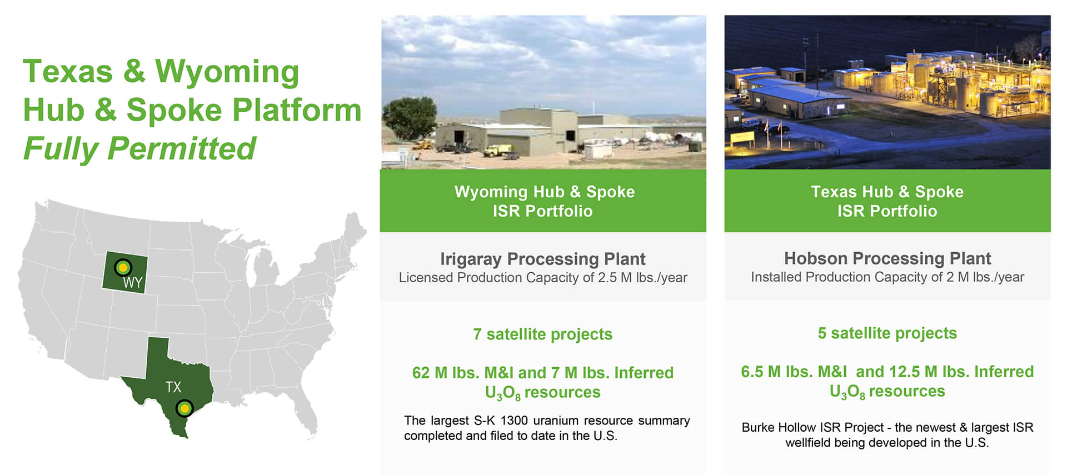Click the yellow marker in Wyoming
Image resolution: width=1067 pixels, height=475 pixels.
click(x=123, y=267)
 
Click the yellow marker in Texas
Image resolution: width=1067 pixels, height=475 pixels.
click(x=185, y=409)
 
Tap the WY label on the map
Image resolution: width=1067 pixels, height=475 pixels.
click(x=133, y=283)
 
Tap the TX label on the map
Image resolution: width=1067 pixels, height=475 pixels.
click(x=173, y=387)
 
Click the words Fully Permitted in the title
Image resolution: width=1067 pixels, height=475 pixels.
click(x=139, y=148)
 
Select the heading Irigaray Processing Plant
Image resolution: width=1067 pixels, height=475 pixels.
click(x=542, y=259)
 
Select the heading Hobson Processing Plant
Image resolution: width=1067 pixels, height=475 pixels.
click(x=887, y=258)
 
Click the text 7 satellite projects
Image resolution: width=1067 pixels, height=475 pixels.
click(x=542, y=334)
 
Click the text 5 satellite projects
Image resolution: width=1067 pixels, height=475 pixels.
click(x=887, y=333)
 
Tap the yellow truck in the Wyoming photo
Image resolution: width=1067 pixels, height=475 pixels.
click(x=498, y=150)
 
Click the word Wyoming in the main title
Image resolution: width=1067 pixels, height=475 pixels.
click(x=227, y=72)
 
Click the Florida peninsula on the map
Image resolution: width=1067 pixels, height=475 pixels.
click(x=306, y=417)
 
